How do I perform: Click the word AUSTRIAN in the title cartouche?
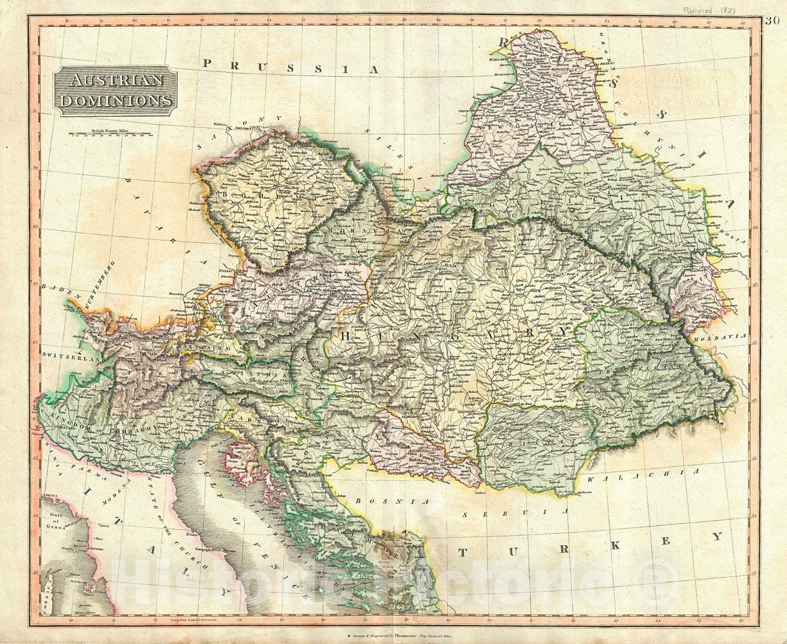point(115,81)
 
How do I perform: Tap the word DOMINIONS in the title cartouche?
point(115,100)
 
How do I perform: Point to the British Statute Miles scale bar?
point(111,136)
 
